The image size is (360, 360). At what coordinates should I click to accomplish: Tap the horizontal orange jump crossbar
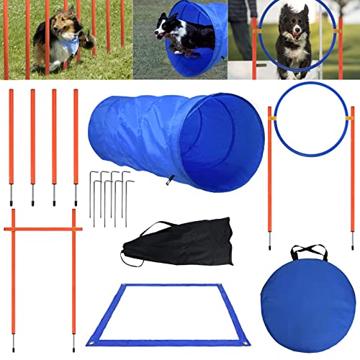coord(43,230)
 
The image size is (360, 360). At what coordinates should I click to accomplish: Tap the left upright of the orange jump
coord(13,274)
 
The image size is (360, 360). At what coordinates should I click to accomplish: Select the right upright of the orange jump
coord(73,274)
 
